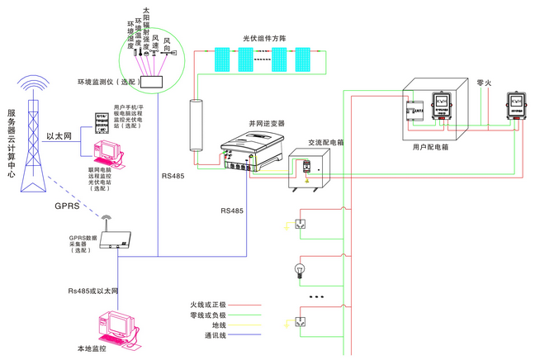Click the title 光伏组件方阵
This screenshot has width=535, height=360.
[263, 39]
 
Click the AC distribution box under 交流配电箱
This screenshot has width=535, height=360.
[308, 170]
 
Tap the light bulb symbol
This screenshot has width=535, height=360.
[301, 269]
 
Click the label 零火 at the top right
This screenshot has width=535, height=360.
[484, 83]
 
